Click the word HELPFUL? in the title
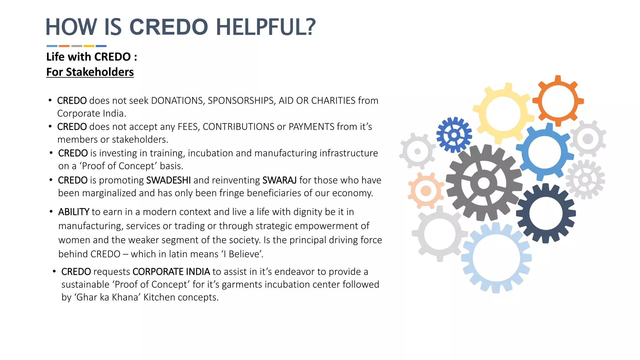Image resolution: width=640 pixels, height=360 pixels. [266, 27]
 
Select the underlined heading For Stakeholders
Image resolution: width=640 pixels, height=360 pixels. [90, 72]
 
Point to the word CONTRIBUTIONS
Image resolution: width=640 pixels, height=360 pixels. [238, 127]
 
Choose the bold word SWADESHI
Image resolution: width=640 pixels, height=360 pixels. [168, 180]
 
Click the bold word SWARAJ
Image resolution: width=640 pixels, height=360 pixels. [279, 180]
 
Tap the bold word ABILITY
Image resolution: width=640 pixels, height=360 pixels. [74, 212]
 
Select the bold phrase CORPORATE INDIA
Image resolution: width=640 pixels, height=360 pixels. [171, 272]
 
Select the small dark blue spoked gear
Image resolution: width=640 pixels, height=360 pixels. [454, 135]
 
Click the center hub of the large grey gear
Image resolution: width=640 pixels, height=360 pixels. [484, 183]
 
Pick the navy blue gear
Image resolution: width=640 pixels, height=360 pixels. [546, 213]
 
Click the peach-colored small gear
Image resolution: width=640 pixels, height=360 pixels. [426, 191]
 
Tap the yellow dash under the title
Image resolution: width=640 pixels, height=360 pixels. [89, 46]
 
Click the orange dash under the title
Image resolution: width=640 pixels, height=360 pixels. [64, 46]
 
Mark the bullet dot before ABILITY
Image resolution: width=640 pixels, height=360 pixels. [51, 212]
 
